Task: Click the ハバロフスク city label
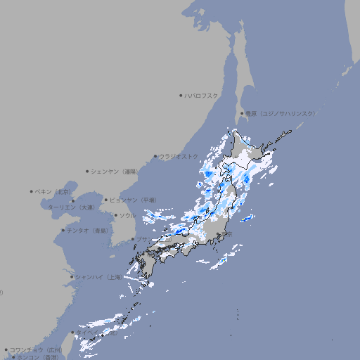coord(202,95)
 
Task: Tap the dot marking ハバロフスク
coord(181,95)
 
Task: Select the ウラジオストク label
coord(179,156)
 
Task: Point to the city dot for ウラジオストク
coord(155,156)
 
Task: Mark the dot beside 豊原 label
coord(242,113)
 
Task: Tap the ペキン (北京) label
coord(53,191)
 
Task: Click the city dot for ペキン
coord(32,191)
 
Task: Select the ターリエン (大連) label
coord(72,207)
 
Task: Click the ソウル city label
coord(127,215)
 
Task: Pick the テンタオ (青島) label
coord(88,230)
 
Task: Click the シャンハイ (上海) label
coord(98,277)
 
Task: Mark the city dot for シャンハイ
coord(72,277)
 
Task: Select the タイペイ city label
coord(88,333)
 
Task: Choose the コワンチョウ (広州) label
coord(36,349)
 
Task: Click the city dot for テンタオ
coord(63,230)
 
